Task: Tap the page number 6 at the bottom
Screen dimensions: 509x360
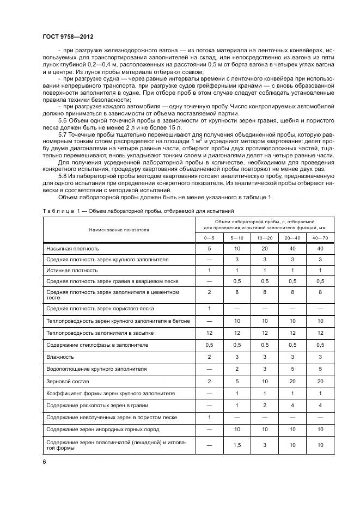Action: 44,462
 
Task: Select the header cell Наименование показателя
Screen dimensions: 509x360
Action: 118,230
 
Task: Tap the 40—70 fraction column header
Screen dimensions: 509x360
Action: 320,238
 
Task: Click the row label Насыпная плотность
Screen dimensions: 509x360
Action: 68,248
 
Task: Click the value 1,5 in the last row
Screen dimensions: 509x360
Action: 237,445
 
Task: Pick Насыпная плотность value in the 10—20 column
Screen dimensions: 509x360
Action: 265,248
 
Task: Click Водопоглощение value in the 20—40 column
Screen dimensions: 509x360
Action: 292,369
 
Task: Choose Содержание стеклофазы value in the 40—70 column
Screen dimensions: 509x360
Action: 320,345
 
